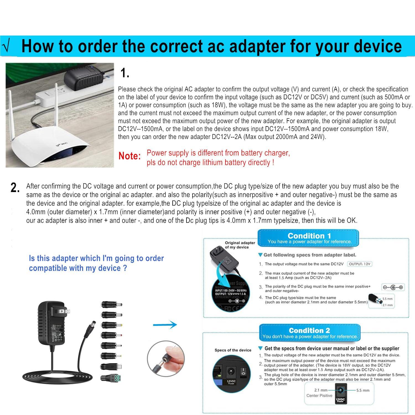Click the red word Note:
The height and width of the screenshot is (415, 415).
coord(130,156)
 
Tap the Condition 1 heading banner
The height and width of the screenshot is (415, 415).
coord(309,238)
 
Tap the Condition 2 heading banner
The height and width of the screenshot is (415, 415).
coord(309,333)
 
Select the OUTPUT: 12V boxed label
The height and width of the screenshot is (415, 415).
coord(359,264)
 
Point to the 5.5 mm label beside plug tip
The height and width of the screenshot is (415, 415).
coord(388,299)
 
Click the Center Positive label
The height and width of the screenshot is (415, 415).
coord(319,396)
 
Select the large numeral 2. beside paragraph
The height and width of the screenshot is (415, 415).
coord(15,188)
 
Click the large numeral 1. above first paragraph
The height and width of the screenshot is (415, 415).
coord(125,73)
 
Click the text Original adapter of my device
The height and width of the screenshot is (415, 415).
coord(240,245)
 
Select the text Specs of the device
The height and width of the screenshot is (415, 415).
coord(233,350)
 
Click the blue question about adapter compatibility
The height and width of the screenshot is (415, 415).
coord(96,263)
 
